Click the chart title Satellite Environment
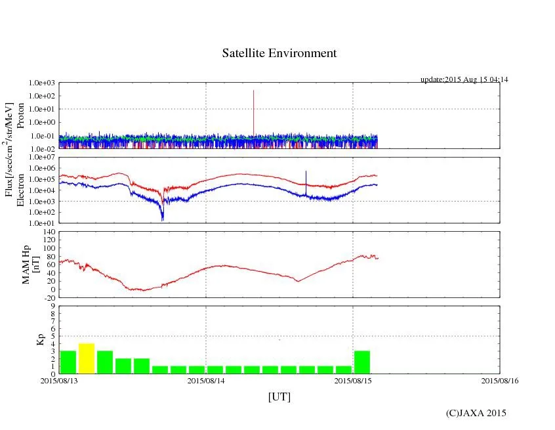coord(279,53)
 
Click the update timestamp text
coord(464,79)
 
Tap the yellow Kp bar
coord(87,358)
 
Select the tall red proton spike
coord(253,112)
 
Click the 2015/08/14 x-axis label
coord(207,380)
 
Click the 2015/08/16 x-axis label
coord(500,380)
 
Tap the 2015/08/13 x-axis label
coord(59,380)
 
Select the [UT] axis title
coord(279,397)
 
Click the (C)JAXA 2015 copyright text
coord(476,413)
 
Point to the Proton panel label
coord(20,116)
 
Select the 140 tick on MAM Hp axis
coord(49,232)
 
